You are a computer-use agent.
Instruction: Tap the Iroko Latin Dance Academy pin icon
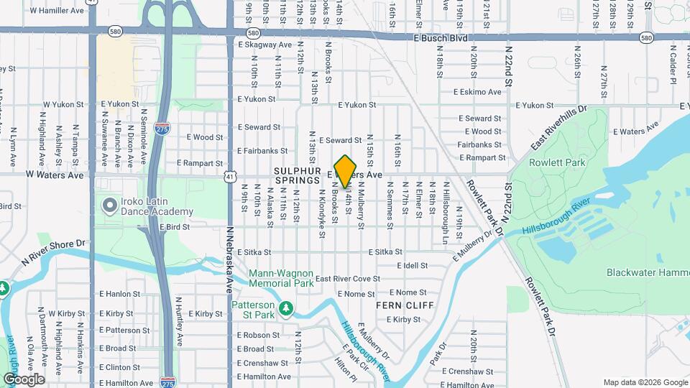(x=109, y=206)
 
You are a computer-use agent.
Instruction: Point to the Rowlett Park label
(x=557, y=162)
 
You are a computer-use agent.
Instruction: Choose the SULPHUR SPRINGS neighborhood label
(x=295, y=175)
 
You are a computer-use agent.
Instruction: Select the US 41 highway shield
(x=229, y=176)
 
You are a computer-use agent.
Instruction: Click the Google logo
(x=24, y=379)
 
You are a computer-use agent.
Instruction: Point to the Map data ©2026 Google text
(x=645, y=382)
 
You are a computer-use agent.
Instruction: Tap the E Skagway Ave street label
(x=264, y=45)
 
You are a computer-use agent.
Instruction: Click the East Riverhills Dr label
(x=559, y=128)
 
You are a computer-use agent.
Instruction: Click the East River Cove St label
(x=347, y=279)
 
